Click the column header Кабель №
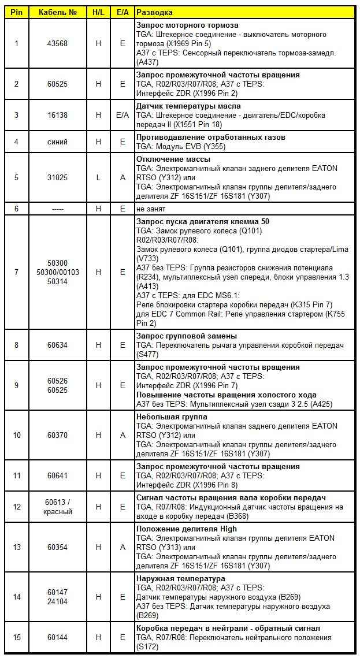click(x=57, y=12)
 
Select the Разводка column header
click(x=155, y=12)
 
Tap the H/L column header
click(x=98, y=12)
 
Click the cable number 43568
click(x=57, y=43)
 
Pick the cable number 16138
click(x=57, y=116)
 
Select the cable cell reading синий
click(x=57, y=142)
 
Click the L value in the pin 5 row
click(x=98, y=178)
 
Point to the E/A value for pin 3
click(x=123, y=116)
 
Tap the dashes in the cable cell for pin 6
click(x=57, y=209)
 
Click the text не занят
click(x=151, y=209)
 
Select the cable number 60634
click(x=57, y=345)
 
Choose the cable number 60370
click(x=57, y=435)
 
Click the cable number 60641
click(x=57, y=475)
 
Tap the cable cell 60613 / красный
click(x=57, y=507)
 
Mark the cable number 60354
click(x=57, y=547)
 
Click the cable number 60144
click(x=57, y=637)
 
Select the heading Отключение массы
click(x=173, y=159)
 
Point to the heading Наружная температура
click(x=180, y=578)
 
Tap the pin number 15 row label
click(x=17, y=637)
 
